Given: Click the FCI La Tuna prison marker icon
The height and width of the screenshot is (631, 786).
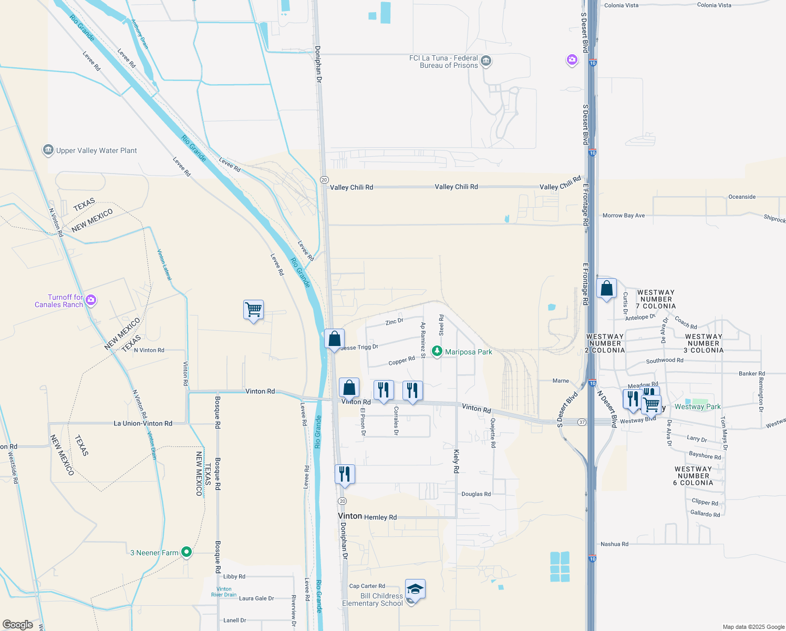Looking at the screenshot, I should point(486,62).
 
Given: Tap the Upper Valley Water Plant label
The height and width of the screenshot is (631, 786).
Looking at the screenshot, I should point(96,151).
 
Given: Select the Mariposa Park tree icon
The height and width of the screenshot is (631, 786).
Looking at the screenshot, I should point(437,351).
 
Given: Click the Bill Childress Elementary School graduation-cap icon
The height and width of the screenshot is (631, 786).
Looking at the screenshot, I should point(415,589).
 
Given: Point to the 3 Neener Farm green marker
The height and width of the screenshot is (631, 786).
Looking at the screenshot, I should point(186,552).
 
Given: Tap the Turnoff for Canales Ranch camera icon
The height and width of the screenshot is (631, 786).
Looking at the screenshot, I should point(91,300).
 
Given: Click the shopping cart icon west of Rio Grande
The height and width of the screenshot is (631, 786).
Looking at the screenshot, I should point(253,310).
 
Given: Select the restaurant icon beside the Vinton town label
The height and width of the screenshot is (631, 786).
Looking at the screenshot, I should point(345,474).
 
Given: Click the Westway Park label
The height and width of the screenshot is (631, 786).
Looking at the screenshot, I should point(698,406).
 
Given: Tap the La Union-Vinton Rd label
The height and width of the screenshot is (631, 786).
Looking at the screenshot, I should point(143,423).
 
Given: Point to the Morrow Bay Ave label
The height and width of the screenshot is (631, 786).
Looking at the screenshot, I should point(624,216).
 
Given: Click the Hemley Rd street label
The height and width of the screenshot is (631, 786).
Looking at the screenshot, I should point(380,517).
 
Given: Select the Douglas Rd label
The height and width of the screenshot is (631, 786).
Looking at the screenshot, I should point(476,494).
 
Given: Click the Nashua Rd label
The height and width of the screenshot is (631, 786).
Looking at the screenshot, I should point(614,544).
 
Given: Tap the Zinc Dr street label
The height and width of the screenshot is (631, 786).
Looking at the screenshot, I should point(394,321).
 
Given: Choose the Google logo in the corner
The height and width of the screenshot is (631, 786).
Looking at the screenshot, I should point(18,625).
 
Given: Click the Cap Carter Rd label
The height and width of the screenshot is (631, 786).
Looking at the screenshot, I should point(367,586).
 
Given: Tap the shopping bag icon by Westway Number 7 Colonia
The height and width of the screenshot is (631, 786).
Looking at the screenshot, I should point(606,289).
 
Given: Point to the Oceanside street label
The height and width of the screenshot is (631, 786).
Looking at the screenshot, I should point(742,197).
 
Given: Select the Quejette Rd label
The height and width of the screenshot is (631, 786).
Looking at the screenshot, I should point(493,433).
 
